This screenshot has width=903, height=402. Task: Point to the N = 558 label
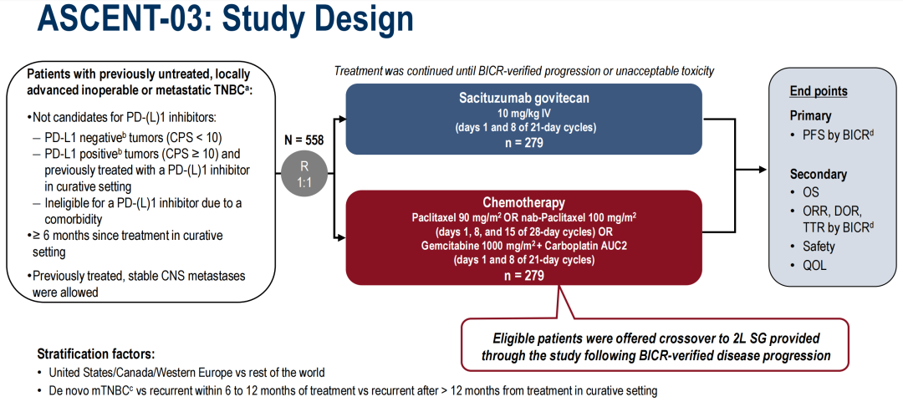[x=304, y=140]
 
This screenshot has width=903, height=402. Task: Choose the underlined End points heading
[x=819, y=91]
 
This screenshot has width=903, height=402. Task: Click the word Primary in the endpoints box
[x=811, y=115]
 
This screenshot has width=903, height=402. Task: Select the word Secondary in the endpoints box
[x=819, y=175]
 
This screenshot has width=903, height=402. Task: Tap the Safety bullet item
[x=816, y=247]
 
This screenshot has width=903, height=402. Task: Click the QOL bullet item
[x=812, y=265]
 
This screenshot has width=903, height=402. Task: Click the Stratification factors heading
[x=96, y=354]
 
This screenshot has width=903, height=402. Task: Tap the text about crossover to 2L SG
[x=655, y=347]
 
